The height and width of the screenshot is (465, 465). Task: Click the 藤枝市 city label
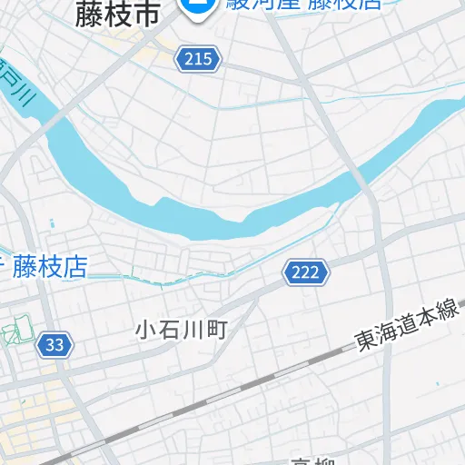point(117,14)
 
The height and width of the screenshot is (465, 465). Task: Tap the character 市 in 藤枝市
point(146,14)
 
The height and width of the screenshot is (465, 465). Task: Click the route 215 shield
point(199,59)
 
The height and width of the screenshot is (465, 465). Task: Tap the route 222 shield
point(305,271)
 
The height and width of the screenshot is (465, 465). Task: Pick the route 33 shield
point(54,345)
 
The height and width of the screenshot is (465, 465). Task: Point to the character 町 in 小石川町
point(215,328)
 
